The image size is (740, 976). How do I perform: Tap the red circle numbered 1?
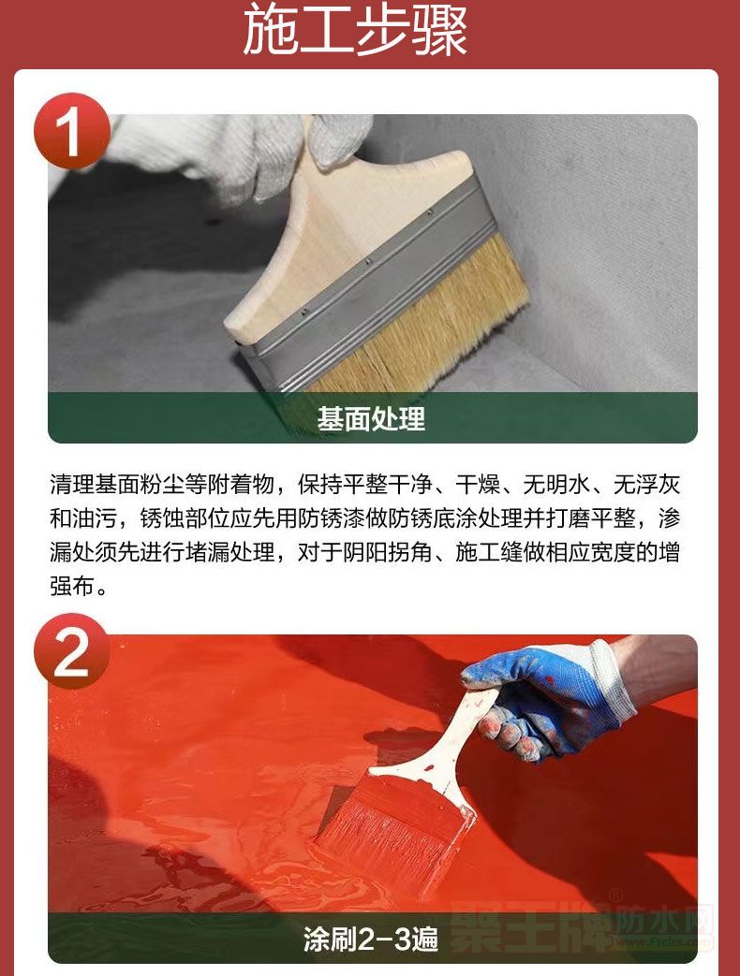click(x=71, y=131)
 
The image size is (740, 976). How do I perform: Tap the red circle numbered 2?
click(x=71, y=651)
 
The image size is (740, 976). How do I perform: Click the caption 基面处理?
click(x=371, y=418)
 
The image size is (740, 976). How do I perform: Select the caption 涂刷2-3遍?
click(x=371, y=939)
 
